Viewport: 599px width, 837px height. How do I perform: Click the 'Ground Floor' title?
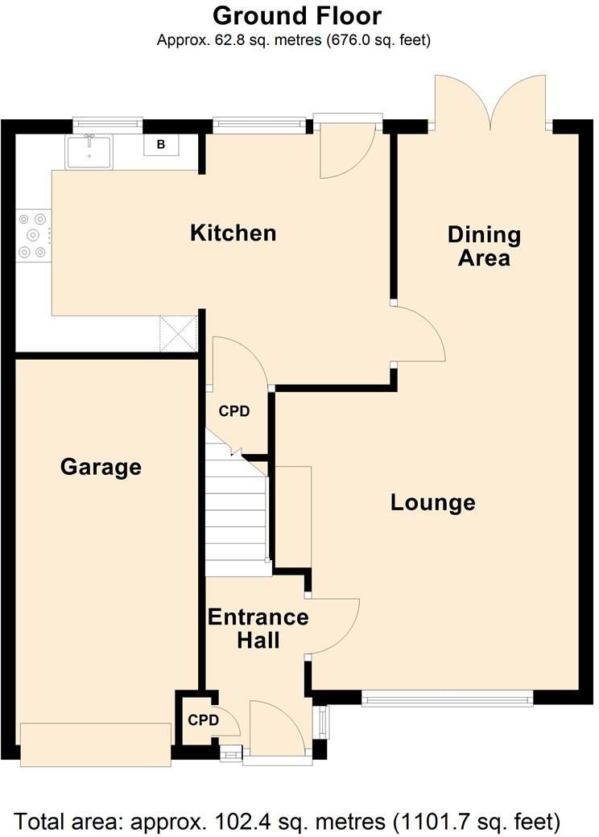(297, 15)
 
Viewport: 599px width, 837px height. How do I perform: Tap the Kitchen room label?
(233, 233)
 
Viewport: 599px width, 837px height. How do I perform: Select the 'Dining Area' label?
(484, 246)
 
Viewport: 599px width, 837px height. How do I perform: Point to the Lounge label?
(432, 503)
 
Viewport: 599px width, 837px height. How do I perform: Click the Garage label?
(101, 467)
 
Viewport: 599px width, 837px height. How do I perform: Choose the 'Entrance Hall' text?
(258, 629)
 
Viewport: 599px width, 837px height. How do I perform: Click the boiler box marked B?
(160, 145)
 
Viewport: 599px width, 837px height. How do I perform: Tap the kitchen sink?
(90, 151)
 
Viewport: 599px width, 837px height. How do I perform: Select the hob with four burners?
(33, 235)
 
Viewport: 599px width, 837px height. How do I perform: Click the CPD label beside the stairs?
(234, 411)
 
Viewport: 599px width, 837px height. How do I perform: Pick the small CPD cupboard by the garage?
(203, 720)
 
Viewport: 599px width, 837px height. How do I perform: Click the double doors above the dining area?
(491, 101)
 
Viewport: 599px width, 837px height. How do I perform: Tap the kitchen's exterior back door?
(346, 149)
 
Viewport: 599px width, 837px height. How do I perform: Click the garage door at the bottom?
(95, 744)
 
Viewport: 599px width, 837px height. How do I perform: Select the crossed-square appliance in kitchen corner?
(178, 332)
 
